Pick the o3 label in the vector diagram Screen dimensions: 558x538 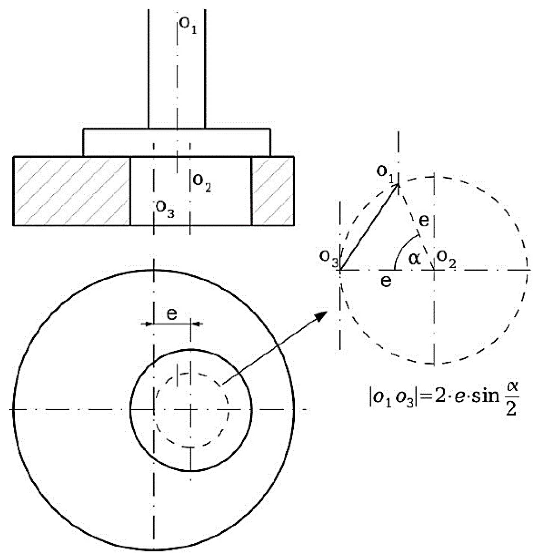coord(328,258)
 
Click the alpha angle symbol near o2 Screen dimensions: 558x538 coord(414,258)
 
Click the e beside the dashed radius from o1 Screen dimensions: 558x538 coord(424,220)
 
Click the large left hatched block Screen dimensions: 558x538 coord(72,190)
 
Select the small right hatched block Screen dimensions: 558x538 coord(272,190)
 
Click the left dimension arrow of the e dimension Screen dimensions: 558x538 coord(146,324)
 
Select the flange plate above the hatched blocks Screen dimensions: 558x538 coord(177,142)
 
